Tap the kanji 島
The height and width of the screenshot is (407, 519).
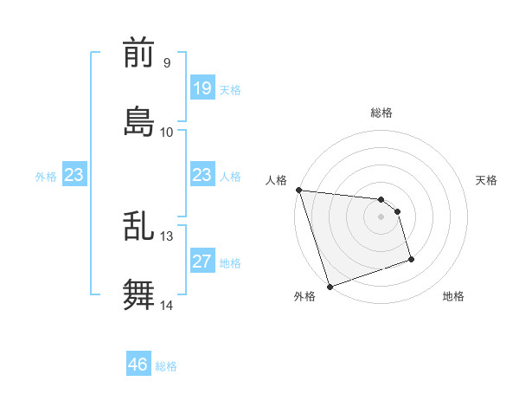pos(138,121)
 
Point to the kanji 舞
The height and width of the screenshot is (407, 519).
pos(138,294)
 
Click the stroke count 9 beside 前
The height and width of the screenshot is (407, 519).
pos(167,63)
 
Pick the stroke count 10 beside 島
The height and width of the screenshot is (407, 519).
pos(167,132)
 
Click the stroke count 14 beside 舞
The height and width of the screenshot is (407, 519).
pos(167,305)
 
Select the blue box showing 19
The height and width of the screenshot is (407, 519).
pos(202,88)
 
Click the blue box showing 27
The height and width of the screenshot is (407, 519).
pos(202,262)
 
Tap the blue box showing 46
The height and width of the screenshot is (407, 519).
pos(138,365)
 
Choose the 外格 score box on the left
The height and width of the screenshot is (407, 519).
pos(74,175)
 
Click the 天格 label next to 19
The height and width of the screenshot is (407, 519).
pos(230,89)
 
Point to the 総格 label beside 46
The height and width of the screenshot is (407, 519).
pos(166,365)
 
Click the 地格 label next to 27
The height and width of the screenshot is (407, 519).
pos(230,262)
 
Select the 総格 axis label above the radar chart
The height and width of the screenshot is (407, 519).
pos(381,113)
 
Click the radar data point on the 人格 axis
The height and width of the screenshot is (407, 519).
pos(298,190)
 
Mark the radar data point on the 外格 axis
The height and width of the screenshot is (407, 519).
pos(330,286)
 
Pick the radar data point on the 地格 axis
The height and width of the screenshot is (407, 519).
pos(411,259)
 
